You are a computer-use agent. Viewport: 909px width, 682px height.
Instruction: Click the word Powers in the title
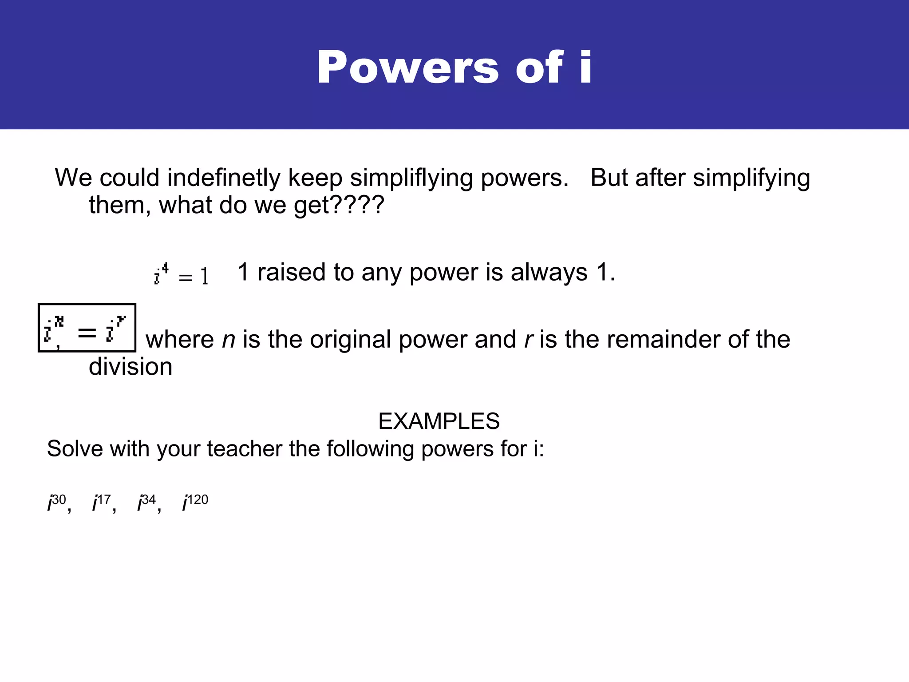click(407, 67)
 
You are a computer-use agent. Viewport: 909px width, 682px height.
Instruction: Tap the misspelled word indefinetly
click(224, 178)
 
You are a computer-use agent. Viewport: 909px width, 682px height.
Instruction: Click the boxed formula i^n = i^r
click(87, 328)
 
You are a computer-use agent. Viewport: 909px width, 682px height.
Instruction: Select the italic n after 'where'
click(228, 340)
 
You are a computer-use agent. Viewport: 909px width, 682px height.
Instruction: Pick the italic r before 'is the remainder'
click(528, 340)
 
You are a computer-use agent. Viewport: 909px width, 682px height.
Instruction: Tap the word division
click(130, 367)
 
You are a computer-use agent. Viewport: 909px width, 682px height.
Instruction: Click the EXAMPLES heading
click(439, 421)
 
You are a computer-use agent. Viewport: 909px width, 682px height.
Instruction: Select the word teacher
click(244, 448)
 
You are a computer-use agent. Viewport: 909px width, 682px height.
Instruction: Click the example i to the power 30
click(57, 503)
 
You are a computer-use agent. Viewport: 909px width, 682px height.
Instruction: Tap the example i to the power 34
click(147, 503)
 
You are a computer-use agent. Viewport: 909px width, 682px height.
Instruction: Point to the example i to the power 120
click(195, 503)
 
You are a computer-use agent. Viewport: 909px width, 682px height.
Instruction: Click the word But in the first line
click(609, 178)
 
